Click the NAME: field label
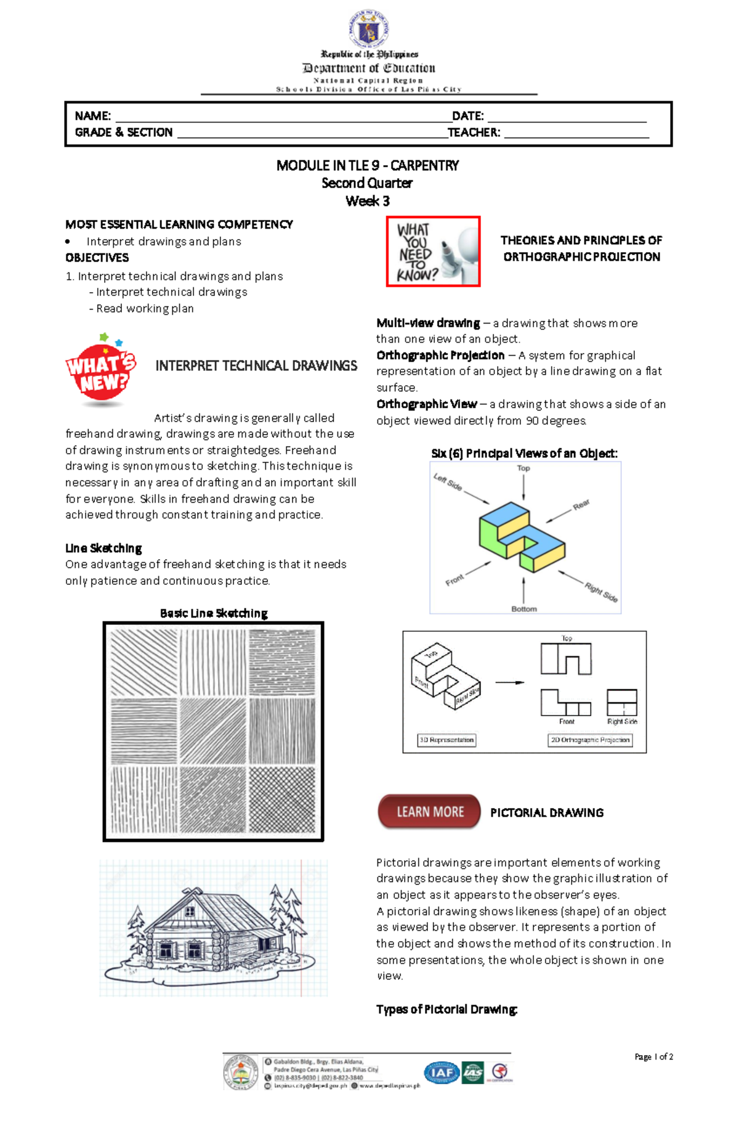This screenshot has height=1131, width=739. [x=92, y=116]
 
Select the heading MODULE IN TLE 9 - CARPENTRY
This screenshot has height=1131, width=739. [x=368, y=165]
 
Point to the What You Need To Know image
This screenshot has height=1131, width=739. [x=433, y=251]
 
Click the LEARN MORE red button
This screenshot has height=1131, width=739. [x=429, y=812]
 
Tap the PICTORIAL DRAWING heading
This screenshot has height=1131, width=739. [x=546, y=813]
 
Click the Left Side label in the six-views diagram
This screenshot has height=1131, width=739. [x=448, y=482]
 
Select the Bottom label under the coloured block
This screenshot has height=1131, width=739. [x=523, y=609]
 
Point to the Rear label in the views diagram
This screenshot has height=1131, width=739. [x=581, y=505]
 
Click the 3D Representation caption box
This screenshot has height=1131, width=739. [x=446, y=740]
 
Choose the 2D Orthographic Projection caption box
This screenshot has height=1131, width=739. [x=590, y=740]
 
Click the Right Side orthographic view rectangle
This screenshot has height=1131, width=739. [x=622, y=702]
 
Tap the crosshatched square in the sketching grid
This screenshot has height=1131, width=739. [x=282, y=800]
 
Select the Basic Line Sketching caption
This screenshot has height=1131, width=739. [x=214, y=613]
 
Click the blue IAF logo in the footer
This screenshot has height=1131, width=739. [x=441, y=1073]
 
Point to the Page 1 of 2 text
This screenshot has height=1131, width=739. [x=653, y=1056]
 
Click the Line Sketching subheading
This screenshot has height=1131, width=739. [x=103, y=548]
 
